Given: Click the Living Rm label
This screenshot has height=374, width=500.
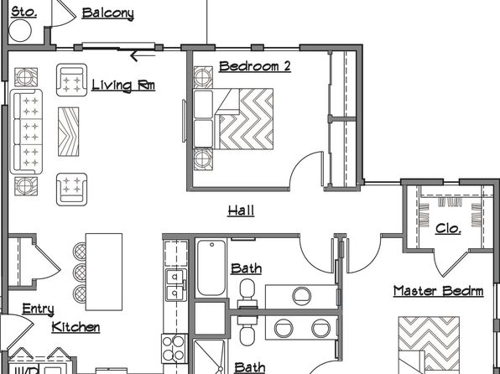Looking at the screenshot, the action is [123, 86].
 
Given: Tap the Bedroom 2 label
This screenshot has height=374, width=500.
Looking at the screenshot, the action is [255, 66].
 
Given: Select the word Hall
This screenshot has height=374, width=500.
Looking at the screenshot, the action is [241, 210].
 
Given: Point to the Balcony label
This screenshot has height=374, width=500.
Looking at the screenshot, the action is [107, 13].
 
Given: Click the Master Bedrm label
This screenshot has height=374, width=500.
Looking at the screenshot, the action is [438, 291].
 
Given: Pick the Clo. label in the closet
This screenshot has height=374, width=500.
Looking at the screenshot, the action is [448, 228].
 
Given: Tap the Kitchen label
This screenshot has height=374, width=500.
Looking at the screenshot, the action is [76, 327].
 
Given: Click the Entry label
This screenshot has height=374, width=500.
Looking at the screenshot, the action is [38, 309].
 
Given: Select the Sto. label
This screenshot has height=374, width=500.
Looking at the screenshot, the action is [23, 13].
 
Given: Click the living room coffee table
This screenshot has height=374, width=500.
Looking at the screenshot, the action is [68, 132].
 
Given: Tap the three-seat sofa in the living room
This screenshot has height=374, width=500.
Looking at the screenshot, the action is [26, 132].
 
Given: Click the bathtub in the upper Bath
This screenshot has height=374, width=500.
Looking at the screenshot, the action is [211, 268].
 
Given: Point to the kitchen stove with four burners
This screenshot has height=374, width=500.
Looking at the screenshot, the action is [174, 349].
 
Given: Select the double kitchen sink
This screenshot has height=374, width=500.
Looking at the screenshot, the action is [175, 285].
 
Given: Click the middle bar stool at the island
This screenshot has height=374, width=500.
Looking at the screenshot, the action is [80, 273].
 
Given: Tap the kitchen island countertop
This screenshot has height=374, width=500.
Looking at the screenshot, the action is [104, 272].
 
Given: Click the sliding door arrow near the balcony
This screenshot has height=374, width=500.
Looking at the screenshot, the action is [143, 56].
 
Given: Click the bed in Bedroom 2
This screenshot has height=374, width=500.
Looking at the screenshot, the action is [233, 119].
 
